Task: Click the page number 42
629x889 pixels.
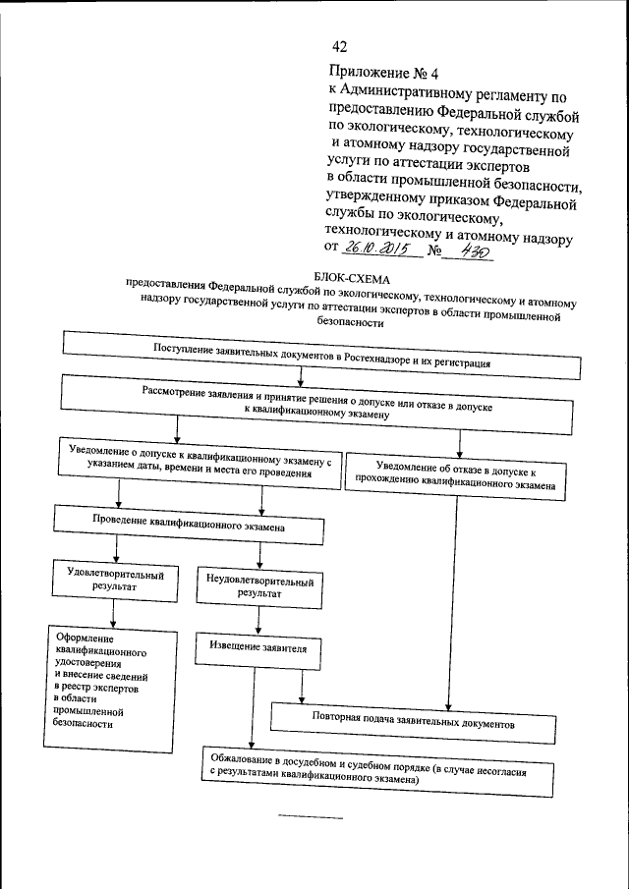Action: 340,47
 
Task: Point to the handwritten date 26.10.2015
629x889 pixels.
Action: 378,250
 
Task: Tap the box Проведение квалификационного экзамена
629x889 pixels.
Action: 189,526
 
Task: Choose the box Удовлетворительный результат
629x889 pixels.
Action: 115,581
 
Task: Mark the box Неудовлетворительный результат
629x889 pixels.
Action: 259,586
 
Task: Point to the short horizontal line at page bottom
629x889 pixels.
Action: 311,817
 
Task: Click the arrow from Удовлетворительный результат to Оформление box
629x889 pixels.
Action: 115,613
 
